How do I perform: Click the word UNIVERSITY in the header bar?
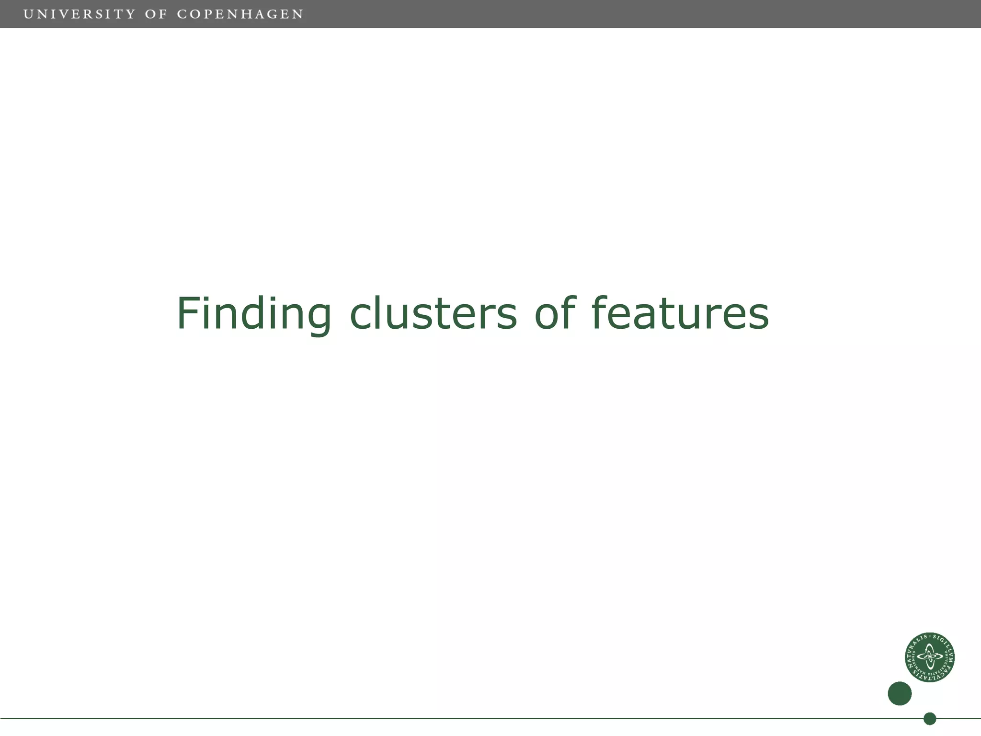coord(80,14)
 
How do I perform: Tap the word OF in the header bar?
coord(156,14)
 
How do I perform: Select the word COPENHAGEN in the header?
coord(240,14)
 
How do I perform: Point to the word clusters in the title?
coord(433,314)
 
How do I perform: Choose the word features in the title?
coord(680,314)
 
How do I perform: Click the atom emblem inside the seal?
coord(930,657)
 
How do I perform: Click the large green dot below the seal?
coord(900,693)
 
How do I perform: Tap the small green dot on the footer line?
coord(930,719)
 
